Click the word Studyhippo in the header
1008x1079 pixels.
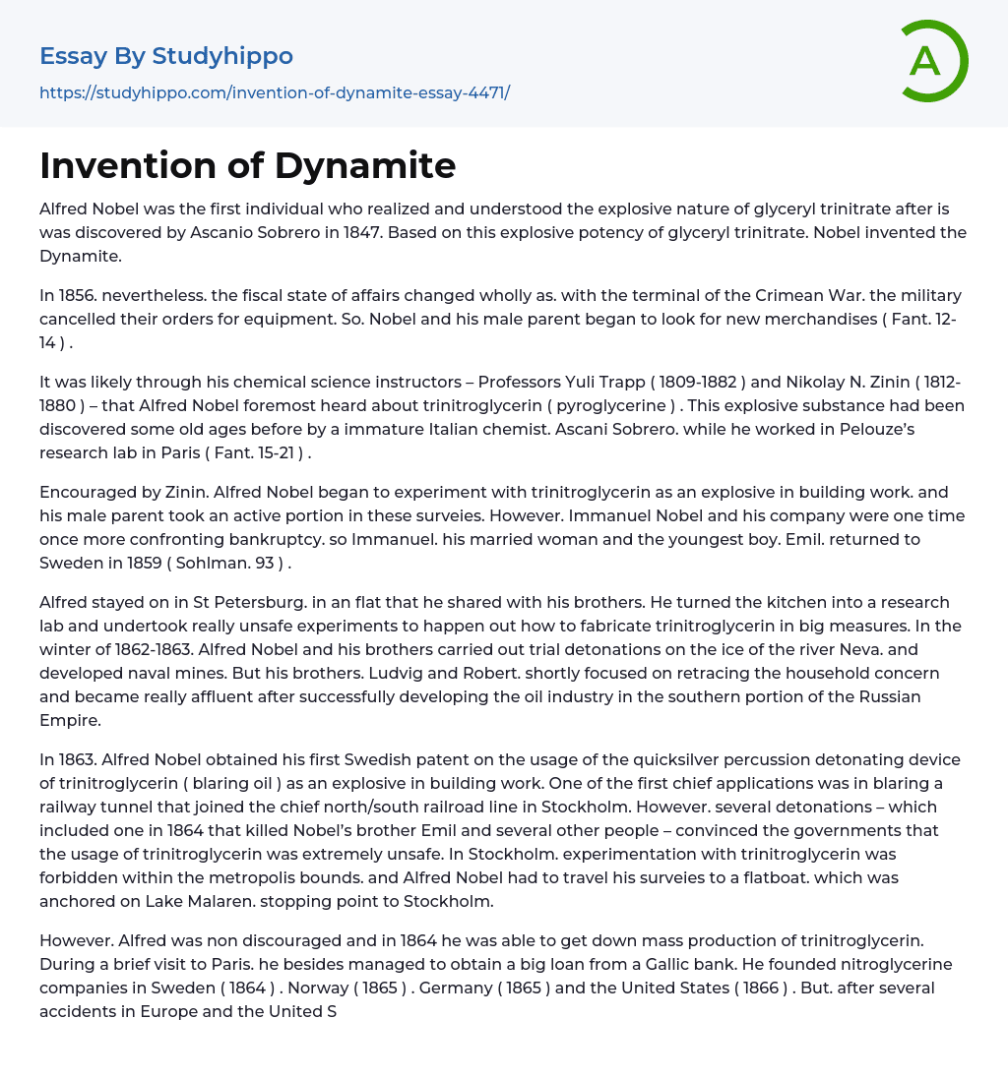[x=222, y=56]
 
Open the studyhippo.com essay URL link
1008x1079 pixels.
[x=275, y=92]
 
